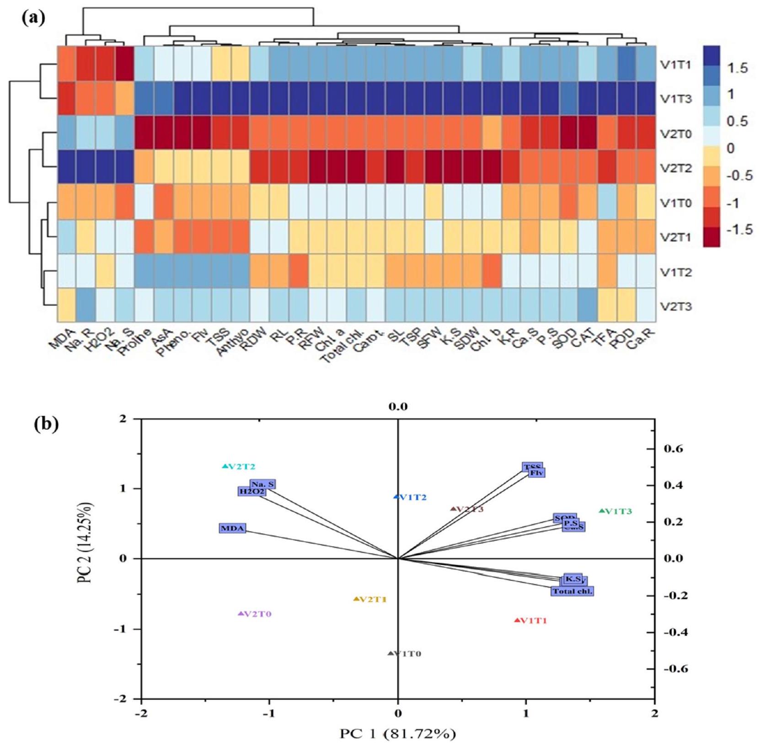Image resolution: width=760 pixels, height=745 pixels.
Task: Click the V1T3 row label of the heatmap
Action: (675, 99)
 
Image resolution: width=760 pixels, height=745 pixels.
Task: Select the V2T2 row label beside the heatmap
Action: (675, 168)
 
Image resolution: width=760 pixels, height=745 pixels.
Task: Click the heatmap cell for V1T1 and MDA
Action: (67, 64)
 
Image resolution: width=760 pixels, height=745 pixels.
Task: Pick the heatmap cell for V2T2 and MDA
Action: (67, 167)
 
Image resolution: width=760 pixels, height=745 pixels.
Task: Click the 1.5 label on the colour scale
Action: (737, 69)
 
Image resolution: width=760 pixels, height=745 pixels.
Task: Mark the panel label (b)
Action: (46, 424)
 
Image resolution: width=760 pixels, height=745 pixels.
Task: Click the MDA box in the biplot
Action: (232, 528)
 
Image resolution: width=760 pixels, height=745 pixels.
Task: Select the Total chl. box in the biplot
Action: (573, 591)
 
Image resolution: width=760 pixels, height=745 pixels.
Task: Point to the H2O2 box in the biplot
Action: (252, 492)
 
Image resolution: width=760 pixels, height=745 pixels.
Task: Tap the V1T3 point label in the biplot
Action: (618, 511)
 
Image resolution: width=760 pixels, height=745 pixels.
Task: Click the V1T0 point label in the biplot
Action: (407, 654)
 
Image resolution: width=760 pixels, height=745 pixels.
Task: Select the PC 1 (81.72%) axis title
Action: (397, 734)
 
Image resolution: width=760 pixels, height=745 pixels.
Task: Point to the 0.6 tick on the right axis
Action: (673, 449)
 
